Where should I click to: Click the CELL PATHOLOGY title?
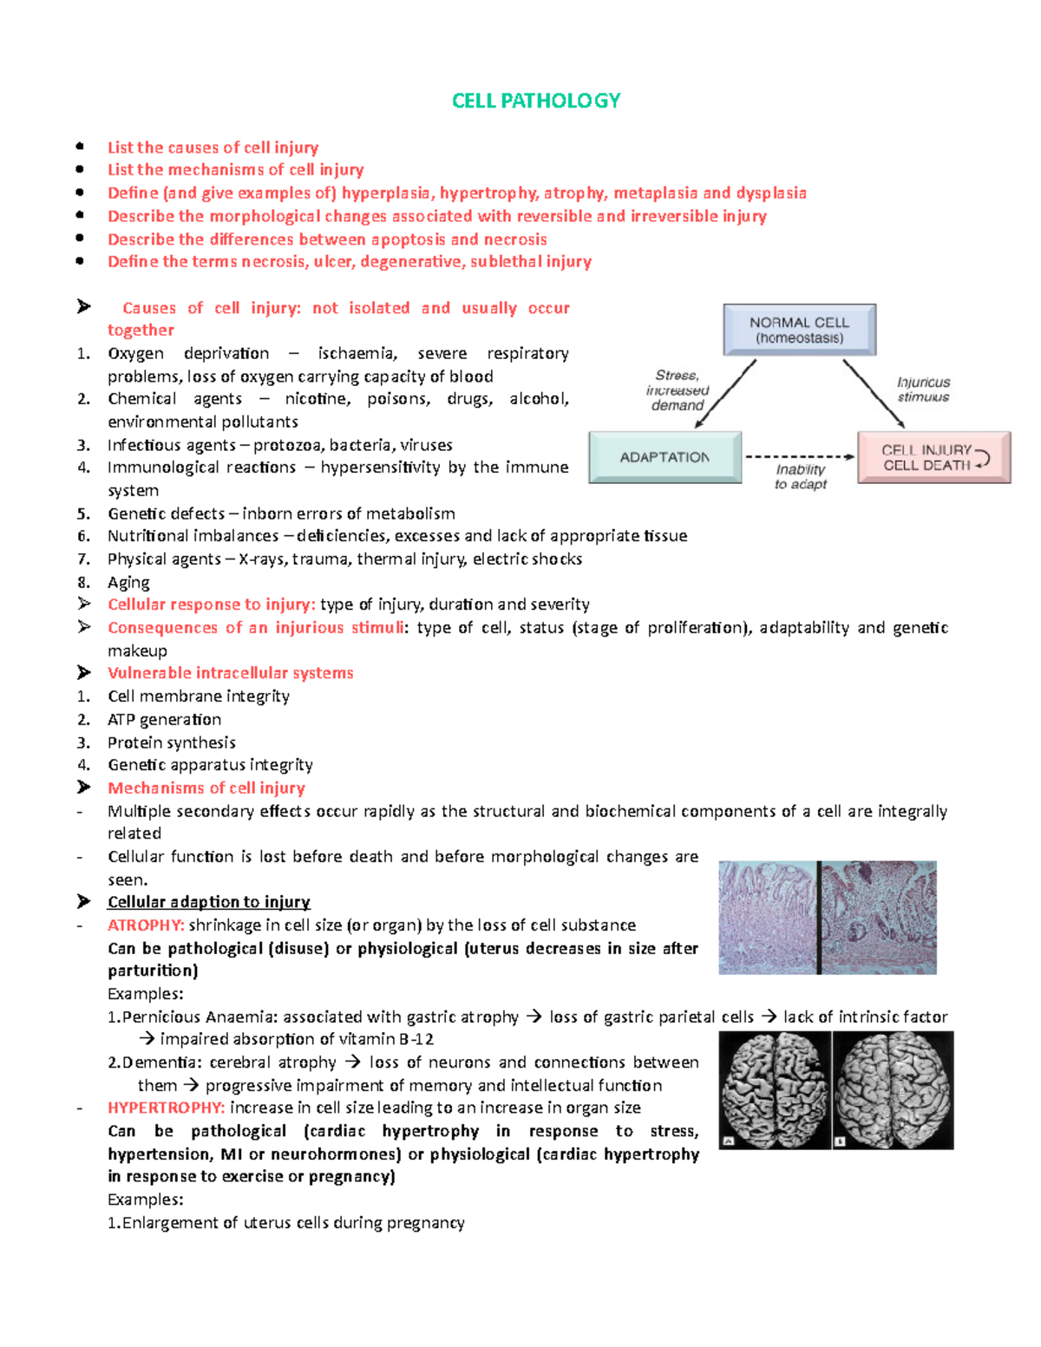point(536,101)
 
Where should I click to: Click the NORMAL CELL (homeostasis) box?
point(799,330)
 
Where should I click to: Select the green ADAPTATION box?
point(665,457)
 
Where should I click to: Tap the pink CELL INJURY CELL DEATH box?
point(933,457)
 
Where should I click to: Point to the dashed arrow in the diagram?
point(799,456)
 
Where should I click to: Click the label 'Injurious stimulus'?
point(923,389)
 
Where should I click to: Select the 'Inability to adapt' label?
point(800,476)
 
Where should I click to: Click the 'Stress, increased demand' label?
point(678,390)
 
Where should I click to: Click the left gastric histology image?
point(767,917)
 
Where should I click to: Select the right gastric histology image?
point(879,917)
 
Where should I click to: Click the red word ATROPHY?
point(146,925)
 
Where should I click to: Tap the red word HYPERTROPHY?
point(166,1108)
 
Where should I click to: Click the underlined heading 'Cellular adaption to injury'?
point(208,902)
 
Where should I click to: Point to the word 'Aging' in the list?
point(128,582)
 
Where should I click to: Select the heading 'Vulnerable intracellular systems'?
point(230,673)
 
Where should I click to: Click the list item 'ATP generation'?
point(164,719)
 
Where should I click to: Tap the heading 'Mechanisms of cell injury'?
point(206,788)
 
